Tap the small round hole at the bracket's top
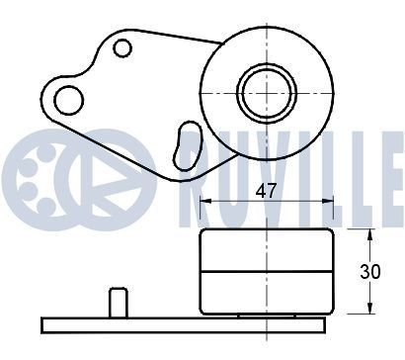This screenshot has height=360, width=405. tap(122, 47)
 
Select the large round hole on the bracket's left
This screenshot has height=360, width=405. tap(68, 99)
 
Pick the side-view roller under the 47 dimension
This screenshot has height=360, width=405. tap(266, 270)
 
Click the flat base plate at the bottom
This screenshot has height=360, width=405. tap(183, 323)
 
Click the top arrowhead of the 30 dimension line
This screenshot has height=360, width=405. tap(369, 234)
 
